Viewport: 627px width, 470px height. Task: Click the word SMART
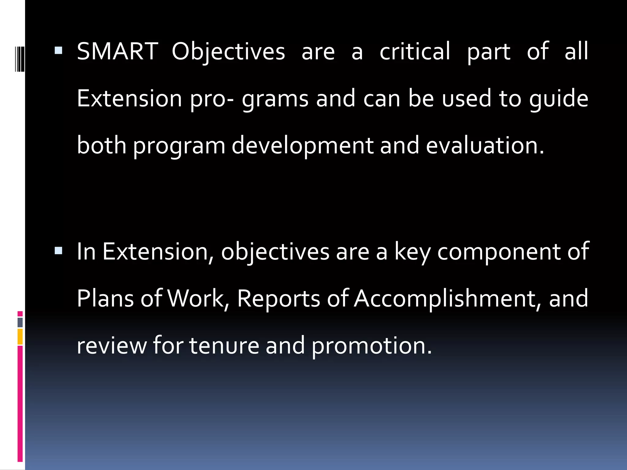(118, 51)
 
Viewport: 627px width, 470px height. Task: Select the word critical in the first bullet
(415, 51)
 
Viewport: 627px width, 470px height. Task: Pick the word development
(302, 146)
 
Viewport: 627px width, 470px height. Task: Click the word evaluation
(485, 146)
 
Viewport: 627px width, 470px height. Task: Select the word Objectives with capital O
(228, 51)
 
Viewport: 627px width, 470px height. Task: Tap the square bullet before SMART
(58, 50)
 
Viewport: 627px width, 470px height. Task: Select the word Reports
(278, 298)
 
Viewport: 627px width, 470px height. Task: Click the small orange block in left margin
(20, 337)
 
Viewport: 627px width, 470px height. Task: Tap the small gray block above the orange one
(20, 322)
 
